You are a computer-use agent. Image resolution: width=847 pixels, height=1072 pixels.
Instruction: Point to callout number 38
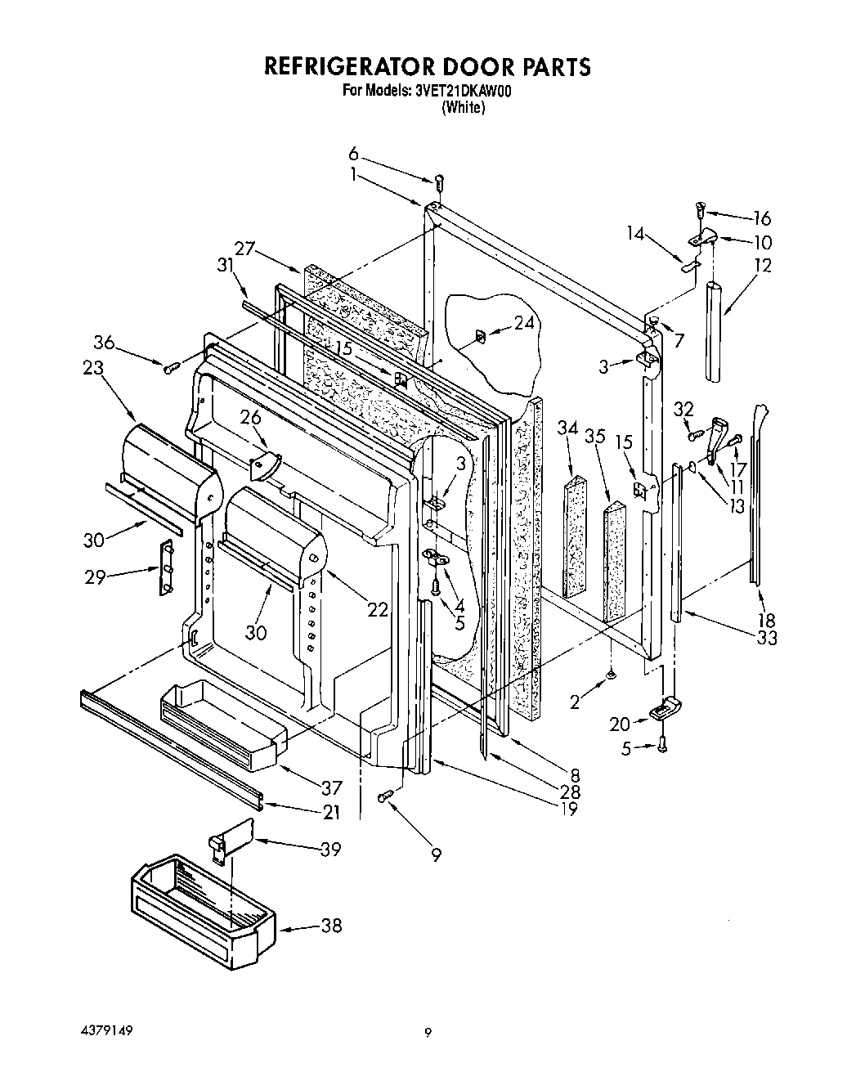coord(331,926)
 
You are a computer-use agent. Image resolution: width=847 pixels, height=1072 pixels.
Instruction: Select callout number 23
coord(93,368)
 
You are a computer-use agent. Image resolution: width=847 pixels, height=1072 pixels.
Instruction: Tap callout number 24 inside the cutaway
coord(523,323)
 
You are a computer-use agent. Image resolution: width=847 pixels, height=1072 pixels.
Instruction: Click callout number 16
coord(761,218)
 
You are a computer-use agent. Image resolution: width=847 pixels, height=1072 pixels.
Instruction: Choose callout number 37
coord(332,788)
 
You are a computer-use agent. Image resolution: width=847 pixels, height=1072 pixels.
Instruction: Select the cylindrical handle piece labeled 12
coord(716,328)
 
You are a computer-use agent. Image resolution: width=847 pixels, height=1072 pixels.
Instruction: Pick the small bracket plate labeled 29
coord(168,567)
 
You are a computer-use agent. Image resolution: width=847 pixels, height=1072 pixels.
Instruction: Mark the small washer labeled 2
coord(612,675)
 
